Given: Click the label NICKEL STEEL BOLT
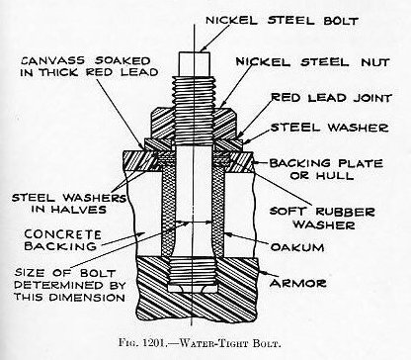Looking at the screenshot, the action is pyautogui.click(x=282, y=21).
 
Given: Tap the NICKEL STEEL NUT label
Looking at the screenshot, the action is pyautogui.click(x=313, y=62).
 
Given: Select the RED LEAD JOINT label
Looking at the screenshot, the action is pyautogui.click(x=331, y=98).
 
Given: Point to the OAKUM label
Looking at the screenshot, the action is pyautogui.click(x=297, y=247).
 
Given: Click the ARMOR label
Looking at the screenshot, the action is pyautogui.click(x=298, y=283).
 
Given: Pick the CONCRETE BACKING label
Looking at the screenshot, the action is pyautogui.click(x=62, y=240).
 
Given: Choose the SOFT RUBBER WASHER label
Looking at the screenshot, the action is pyautogui.click(x=322, y=218).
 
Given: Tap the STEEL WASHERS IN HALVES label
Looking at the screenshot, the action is pyautogui.click(x=69, y=204).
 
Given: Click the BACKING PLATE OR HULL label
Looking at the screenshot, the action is pyautogui.click(x=326, y=169).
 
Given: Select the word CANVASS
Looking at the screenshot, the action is pyautogui.click(x=53, y=61).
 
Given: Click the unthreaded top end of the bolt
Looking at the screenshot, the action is pyautogui.click(x=195, y=63).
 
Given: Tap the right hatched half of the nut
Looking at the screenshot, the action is pyautogui.click(x=225, y=122).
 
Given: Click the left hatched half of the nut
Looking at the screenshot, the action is pyautogui.click(x=162, y=122).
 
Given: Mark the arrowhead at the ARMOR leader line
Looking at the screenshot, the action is pyautogui.click(x=261, y=272).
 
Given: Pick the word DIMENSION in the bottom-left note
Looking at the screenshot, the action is pyautogui.click(x=87, y=297).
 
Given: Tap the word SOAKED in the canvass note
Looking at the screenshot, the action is pyautogui.click(x=123, y=61).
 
